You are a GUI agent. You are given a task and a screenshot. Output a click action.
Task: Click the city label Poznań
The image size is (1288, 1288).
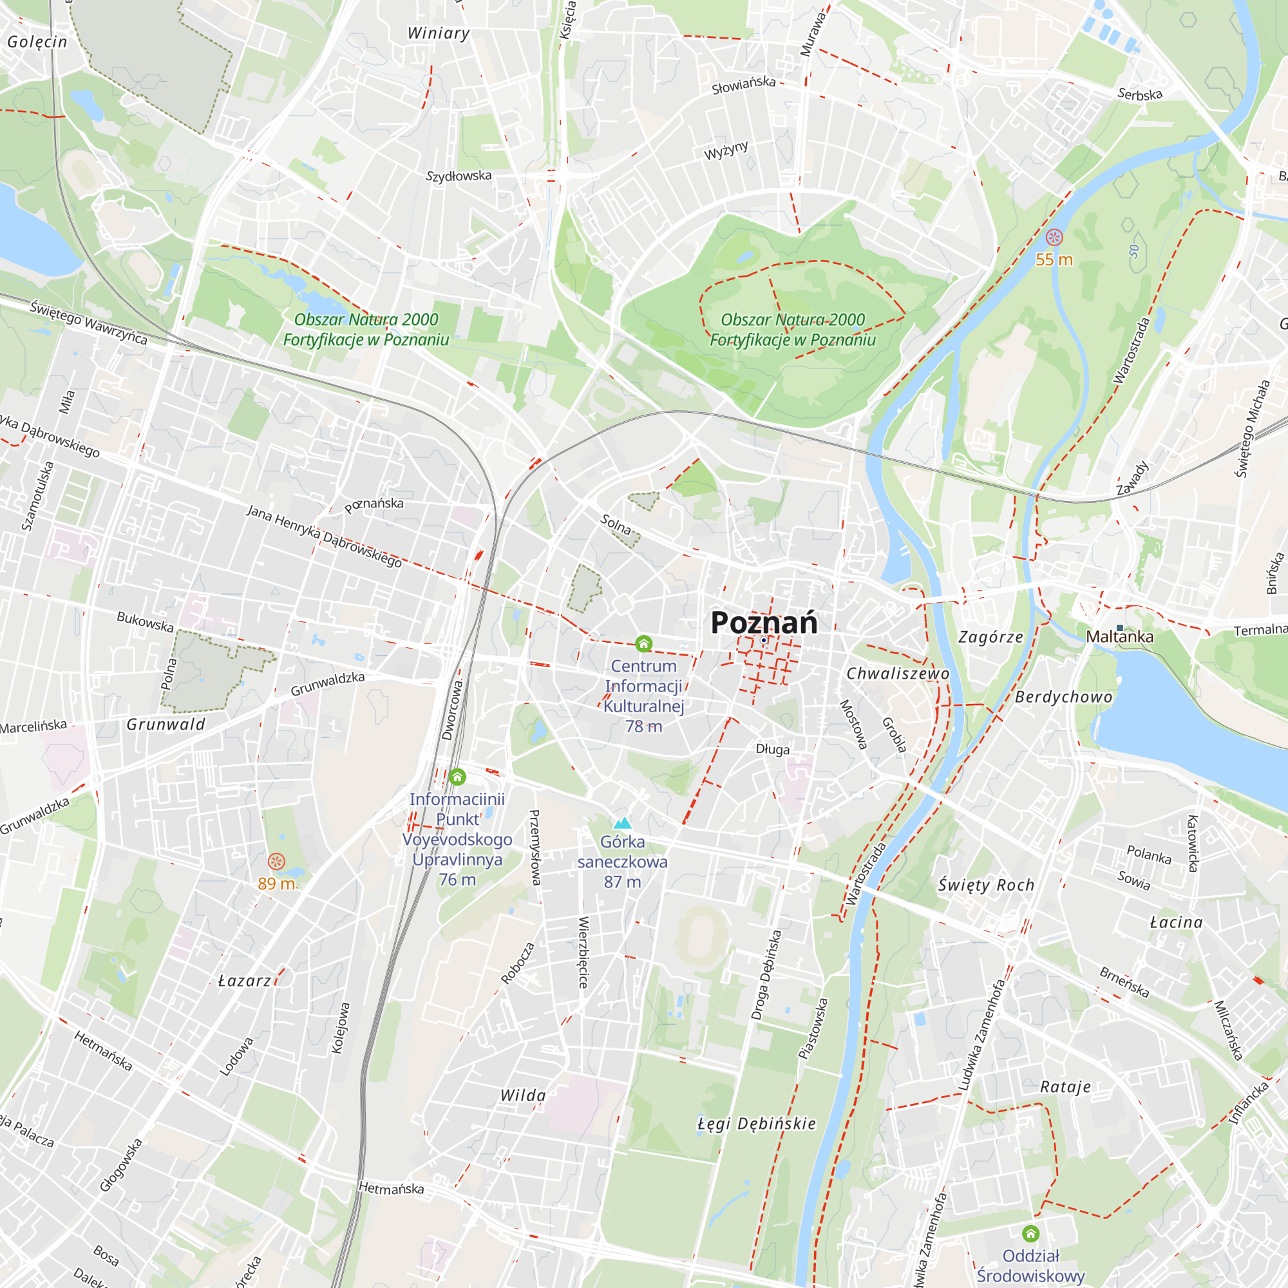click(x=763, y=622)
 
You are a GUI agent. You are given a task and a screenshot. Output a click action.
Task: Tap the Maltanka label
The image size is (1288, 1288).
click(x=1119, y=637)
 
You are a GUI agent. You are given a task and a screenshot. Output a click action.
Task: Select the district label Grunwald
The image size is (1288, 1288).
click(x=166, y=724)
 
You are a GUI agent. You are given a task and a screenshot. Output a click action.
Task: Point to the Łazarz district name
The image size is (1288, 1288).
click(x=245, y=981)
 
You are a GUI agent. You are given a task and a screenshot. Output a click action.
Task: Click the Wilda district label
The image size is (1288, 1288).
click(x=524, y=1095)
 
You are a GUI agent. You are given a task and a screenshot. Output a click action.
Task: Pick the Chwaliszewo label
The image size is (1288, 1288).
click(x=897, y=674)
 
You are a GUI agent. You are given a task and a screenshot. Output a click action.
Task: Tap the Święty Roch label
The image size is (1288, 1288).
click(x=986, y=885)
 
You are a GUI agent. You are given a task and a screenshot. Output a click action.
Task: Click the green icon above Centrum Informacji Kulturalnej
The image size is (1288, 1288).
click(x=643, y=643)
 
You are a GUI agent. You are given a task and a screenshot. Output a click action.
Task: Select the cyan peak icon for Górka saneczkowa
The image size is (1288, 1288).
click(x=622, y=822)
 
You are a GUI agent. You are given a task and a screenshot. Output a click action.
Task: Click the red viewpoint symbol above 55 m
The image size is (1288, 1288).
click(x=1054, y=238)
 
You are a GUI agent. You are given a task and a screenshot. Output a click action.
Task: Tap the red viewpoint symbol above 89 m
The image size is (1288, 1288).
click(x=276, y=861)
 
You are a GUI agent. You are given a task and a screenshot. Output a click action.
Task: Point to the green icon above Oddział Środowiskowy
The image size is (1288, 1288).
click(x=1030, y=1233)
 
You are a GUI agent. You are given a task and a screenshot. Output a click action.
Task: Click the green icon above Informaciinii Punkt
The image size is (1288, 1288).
click(x=457, y=777)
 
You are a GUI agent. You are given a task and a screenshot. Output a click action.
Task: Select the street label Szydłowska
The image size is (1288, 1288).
click(x=459, y=176)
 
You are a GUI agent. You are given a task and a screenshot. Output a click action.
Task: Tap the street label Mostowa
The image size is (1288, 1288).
click(x=853, y=724)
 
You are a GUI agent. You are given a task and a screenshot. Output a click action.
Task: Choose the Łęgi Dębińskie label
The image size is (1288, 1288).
click(x=757, y=1123)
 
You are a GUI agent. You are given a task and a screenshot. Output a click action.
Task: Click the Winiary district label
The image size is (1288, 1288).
click(x=439, y=33)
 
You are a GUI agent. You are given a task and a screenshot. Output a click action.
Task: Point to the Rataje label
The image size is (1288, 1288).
click(x=1065, y=1086)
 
